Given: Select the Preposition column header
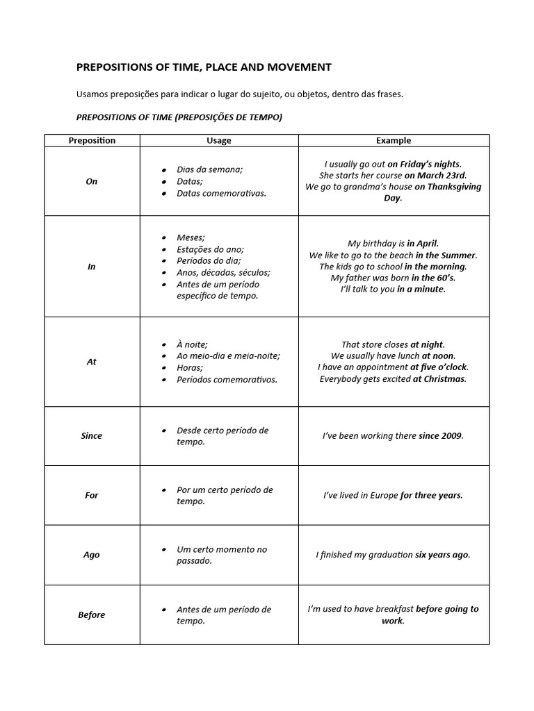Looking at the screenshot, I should pos(92,140).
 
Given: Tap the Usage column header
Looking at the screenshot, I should pos(219,140).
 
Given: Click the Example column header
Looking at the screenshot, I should pos(394,140).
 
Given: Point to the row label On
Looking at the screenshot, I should pos(92,181).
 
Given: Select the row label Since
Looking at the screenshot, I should pos(92,436).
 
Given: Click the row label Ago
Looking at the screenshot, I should pos(92,555).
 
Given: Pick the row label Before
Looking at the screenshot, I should pos(92,615).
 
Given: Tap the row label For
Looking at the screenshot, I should pos(92,496).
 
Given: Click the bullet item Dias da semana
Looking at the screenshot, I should pos(209,169).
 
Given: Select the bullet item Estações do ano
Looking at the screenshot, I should pos(210,249).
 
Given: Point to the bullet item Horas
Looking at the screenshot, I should pos(190,368).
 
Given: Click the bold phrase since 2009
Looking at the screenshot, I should pos(440,436).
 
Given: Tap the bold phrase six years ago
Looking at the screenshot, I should pos(442,555).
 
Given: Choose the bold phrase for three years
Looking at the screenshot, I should pos(430,496).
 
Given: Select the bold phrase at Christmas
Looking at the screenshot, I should pos(439,379).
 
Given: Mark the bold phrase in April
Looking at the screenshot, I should pos(422,244).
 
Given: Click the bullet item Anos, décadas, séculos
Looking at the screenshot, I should pos(223,273).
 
